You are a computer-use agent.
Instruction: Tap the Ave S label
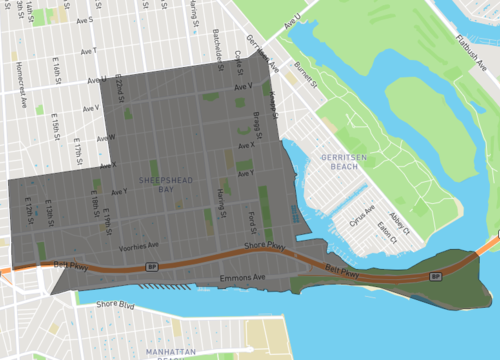(x=84, y=19)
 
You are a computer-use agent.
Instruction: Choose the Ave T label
(x=88, y=49)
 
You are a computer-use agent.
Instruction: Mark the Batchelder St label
(x=218, y=44)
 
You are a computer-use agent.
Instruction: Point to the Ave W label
(x=106, y=137)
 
